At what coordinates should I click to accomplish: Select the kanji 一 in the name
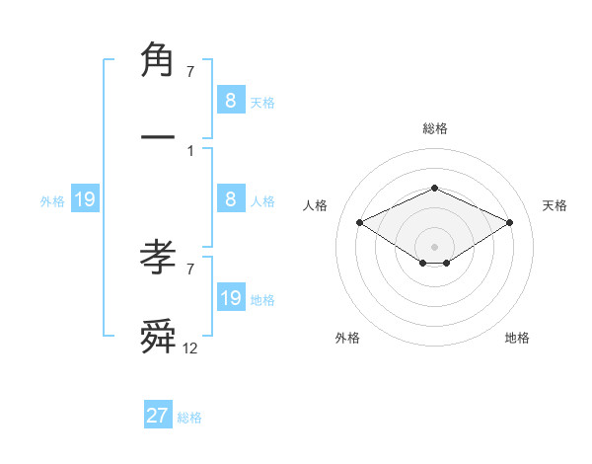coord(159,132)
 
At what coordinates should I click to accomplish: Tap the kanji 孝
coord(159,259)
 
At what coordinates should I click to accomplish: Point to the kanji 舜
coord(159,335)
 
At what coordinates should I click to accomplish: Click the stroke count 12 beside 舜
coord(190,348)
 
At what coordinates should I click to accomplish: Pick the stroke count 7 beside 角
coord(190,72)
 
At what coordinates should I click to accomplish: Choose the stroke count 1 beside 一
coord(190,150)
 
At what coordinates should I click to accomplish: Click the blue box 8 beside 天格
coord(230,100)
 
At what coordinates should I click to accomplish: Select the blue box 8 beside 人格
coord(230,199)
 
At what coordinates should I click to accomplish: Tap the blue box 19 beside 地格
coord(230,298)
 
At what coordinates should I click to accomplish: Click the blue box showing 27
coord(158,416)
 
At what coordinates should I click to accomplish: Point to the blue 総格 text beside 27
coord(190,418)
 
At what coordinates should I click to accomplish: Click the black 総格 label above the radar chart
coord(434,128)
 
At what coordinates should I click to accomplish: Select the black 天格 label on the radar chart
coord(555,205)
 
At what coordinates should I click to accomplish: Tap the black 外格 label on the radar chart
coord(347,338)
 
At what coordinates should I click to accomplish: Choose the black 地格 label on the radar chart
coord(517,338)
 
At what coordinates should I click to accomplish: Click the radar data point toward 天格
coord(510,222)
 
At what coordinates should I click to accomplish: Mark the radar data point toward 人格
coord(359,222)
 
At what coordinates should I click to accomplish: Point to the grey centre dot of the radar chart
coord(434,246)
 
